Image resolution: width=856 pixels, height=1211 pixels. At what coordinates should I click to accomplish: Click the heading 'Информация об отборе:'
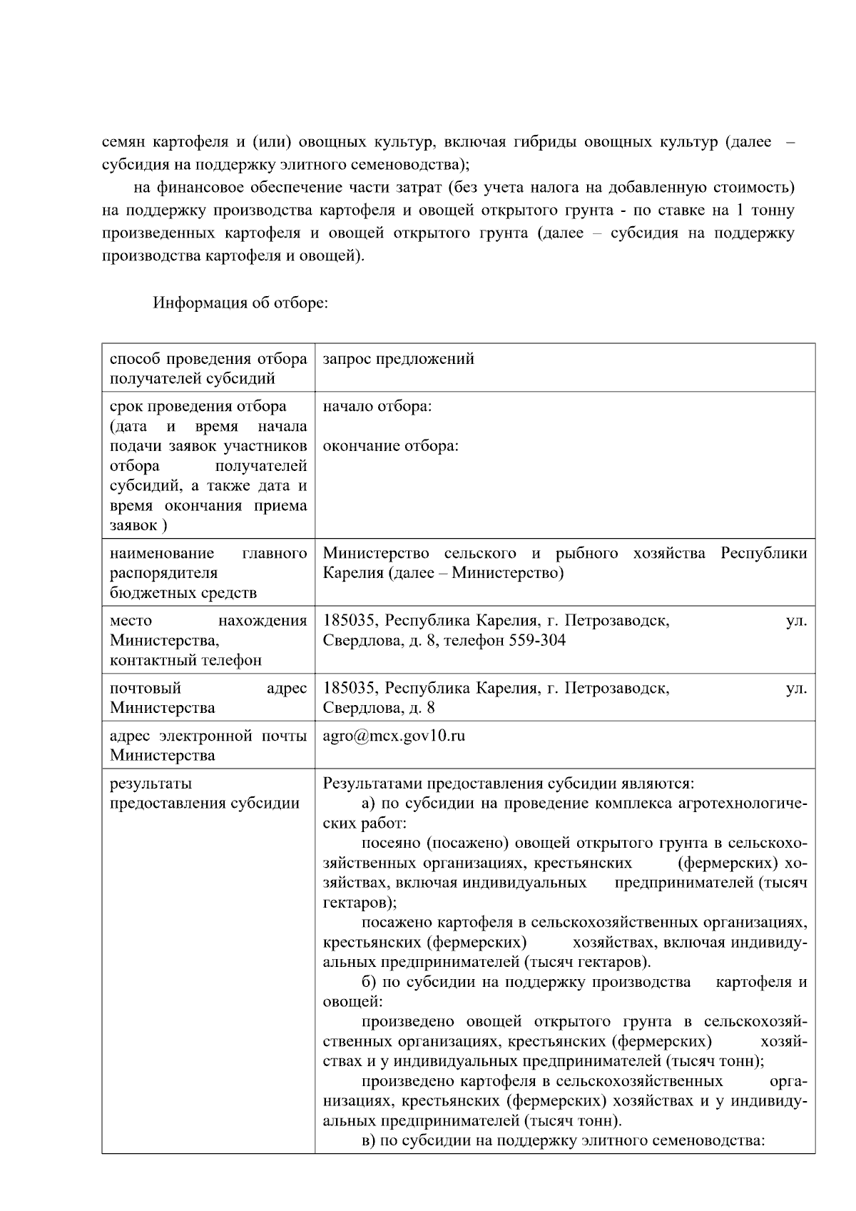[240, 303]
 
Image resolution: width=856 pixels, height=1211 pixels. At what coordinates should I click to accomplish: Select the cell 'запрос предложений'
[398, 359]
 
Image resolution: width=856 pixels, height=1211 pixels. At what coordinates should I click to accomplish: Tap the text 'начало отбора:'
[377, 407]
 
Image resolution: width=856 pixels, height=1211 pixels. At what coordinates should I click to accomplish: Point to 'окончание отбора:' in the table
[390, 447]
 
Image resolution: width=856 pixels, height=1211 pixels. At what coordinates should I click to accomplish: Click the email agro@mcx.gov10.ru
[394, 736]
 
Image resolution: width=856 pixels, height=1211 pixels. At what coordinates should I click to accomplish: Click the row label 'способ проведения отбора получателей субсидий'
[208, 368]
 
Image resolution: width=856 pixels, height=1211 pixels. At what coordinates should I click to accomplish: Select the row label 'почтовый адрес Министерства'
[208, 698]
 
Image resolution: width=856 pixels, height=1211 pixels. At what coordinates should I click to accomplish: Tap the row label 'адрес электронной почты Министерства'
[208, 745]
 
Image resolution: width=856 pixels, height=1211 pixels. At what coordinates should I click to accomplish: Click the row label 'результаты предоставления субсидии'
[204, 794]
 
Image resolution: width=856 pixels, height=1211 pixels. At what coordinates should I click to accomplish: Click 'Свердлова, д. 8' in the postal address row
[379, 708]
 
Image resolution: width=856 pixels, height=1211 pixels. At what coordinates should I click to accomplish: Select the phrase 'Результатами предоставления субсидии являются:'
[508, 784]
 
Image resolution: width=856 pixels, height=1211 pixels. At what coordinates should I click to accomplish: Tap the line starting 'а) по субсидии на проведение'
[584, 804]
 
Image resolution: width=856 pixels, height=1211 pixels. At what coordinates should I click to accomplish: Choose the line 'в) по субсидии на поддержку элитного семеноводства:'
[563, 1140]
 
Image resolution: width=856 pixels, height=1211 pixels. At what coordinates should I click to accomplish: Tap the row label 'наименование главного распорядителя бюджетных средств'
[208, 573]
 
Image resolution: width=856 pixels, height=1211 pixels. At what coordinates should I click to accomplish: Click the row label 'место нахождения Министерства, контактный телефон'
[208, 640]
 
